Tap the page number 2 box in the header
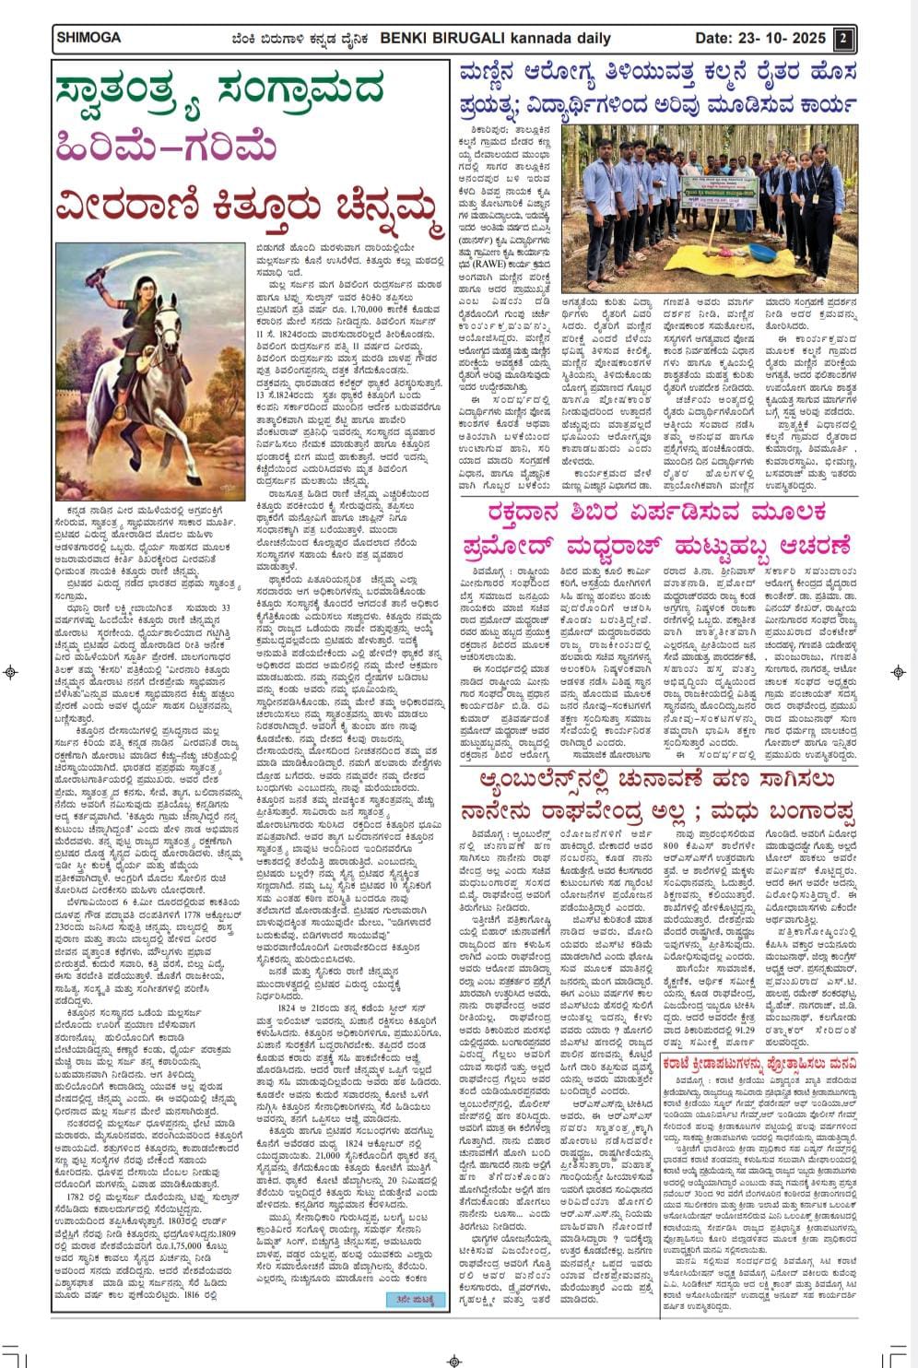pyautogui.click(x=842, y=39)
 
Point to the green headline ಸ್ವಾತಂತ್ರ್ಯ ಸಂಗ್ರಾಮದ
pyautogui.click(x=219, y=93)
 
